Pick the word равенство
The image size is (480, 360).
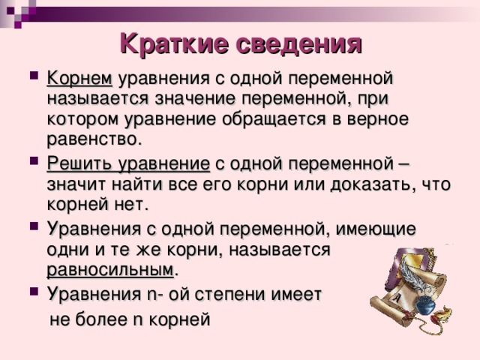click(94, 139)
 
